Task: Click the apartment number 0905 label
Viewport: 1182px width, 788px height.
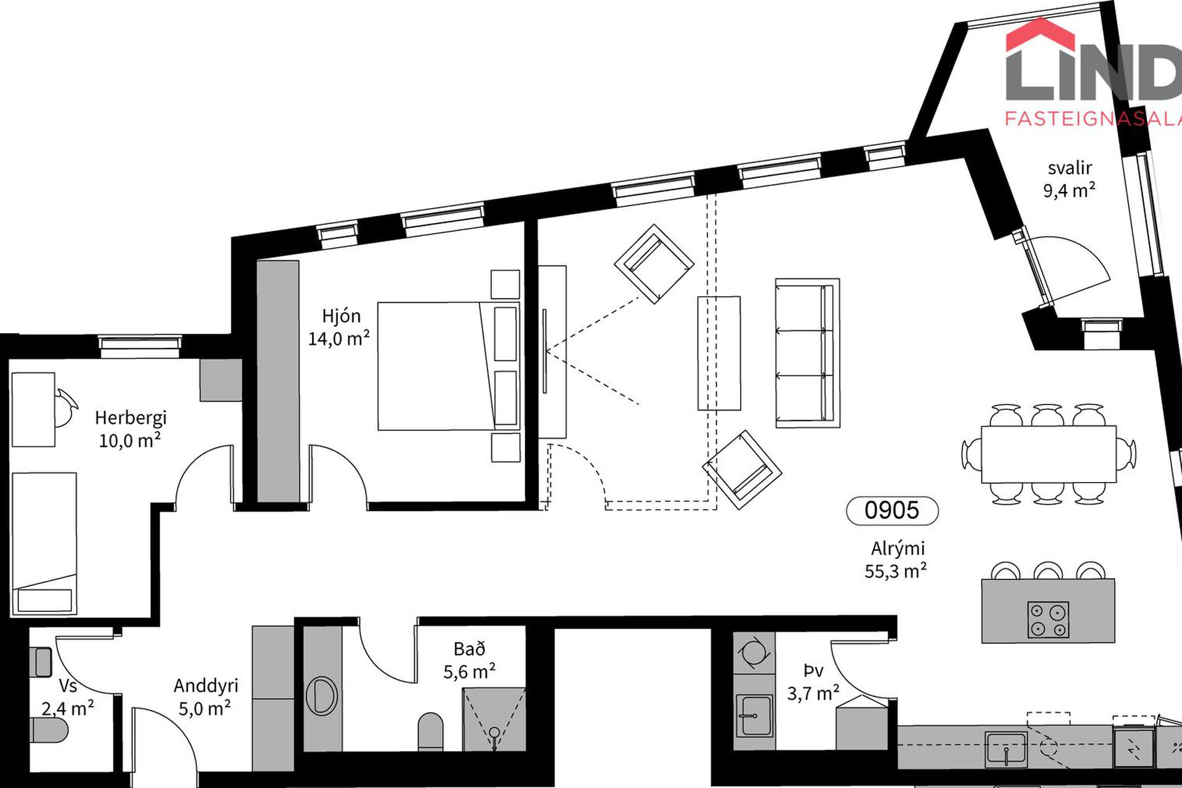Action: point(892,510)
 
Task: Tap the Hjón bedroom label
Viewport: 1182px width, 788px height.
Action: point(339,328)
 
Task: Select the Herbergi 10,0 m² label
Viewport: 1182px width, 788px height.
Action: point(131,429)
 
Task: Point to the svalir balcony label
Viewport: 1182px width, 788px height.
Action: point(1069,179)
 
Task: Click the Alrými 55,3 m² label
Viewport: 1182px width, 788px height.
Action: point(896,560)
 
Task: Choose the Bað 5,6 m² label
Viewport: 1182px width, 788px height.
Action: point(470,660)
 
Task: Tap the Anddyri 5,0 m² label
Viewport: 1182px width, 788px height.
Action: point(205,697)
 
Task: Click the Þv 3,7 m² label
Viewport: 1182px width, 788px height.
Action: point(813,682)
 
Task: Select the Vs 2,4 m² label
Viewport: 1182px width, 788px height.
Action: point(68,697)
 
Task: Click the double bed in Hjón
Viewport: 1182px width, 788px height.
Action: point(449,366)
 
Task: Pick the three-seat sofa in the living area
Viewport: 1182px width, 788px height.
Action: point(807,353)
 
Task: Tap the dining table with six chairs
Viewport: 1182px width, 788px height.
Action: point(1048,454)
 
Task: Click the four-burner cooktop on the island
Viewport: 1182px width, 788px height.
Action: point(1048,619)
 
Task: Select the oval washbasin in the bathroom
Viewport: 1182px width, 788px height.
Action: point(322,696)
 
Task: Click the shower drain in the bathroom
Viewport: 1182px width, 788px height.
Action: point(494,733)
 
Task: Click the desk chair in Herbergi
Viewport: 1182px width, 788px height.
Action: point(65,407)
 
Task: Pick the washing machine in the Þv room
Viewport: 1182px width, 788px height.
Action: point(754,653)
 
